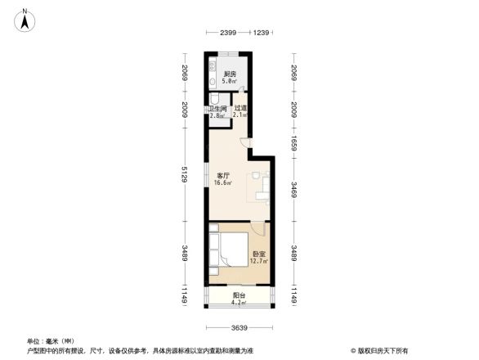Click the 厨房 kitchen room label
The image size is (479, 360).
click(x=231, y=74)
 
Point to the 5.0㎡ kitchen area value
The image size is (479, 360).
click(x=231, y=82)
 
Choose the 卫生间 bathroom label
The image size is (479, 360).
click(x=217, y=109)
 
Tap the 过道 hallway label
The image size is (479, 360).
click(x=239, y=109)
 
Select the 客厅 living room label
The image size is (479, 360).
click(x=222, y=175)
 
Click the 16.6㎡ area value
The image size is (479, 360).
click(x=222, y=182)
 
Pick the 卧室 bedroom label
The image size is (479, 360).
click(x=257, y=254)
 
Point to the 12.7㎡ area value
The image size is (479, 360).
click(x=257, y=262)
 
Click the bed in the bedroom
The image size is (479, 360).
click(x=230, y=250)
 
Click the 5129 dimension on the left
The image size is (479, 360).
click(x=186, y=174)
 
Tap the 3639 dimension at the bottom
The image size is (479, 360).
click(x=238, y=328)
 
